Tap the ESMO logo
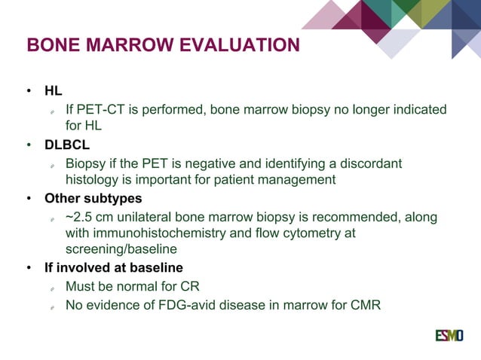[x=449, y=334]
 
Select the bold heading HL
[x=54, y=91]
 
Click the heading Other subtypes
[x=93, y=200]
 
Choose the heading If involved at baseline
[x=113, y=268]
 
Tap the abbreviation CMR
[x=365, y=306]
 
